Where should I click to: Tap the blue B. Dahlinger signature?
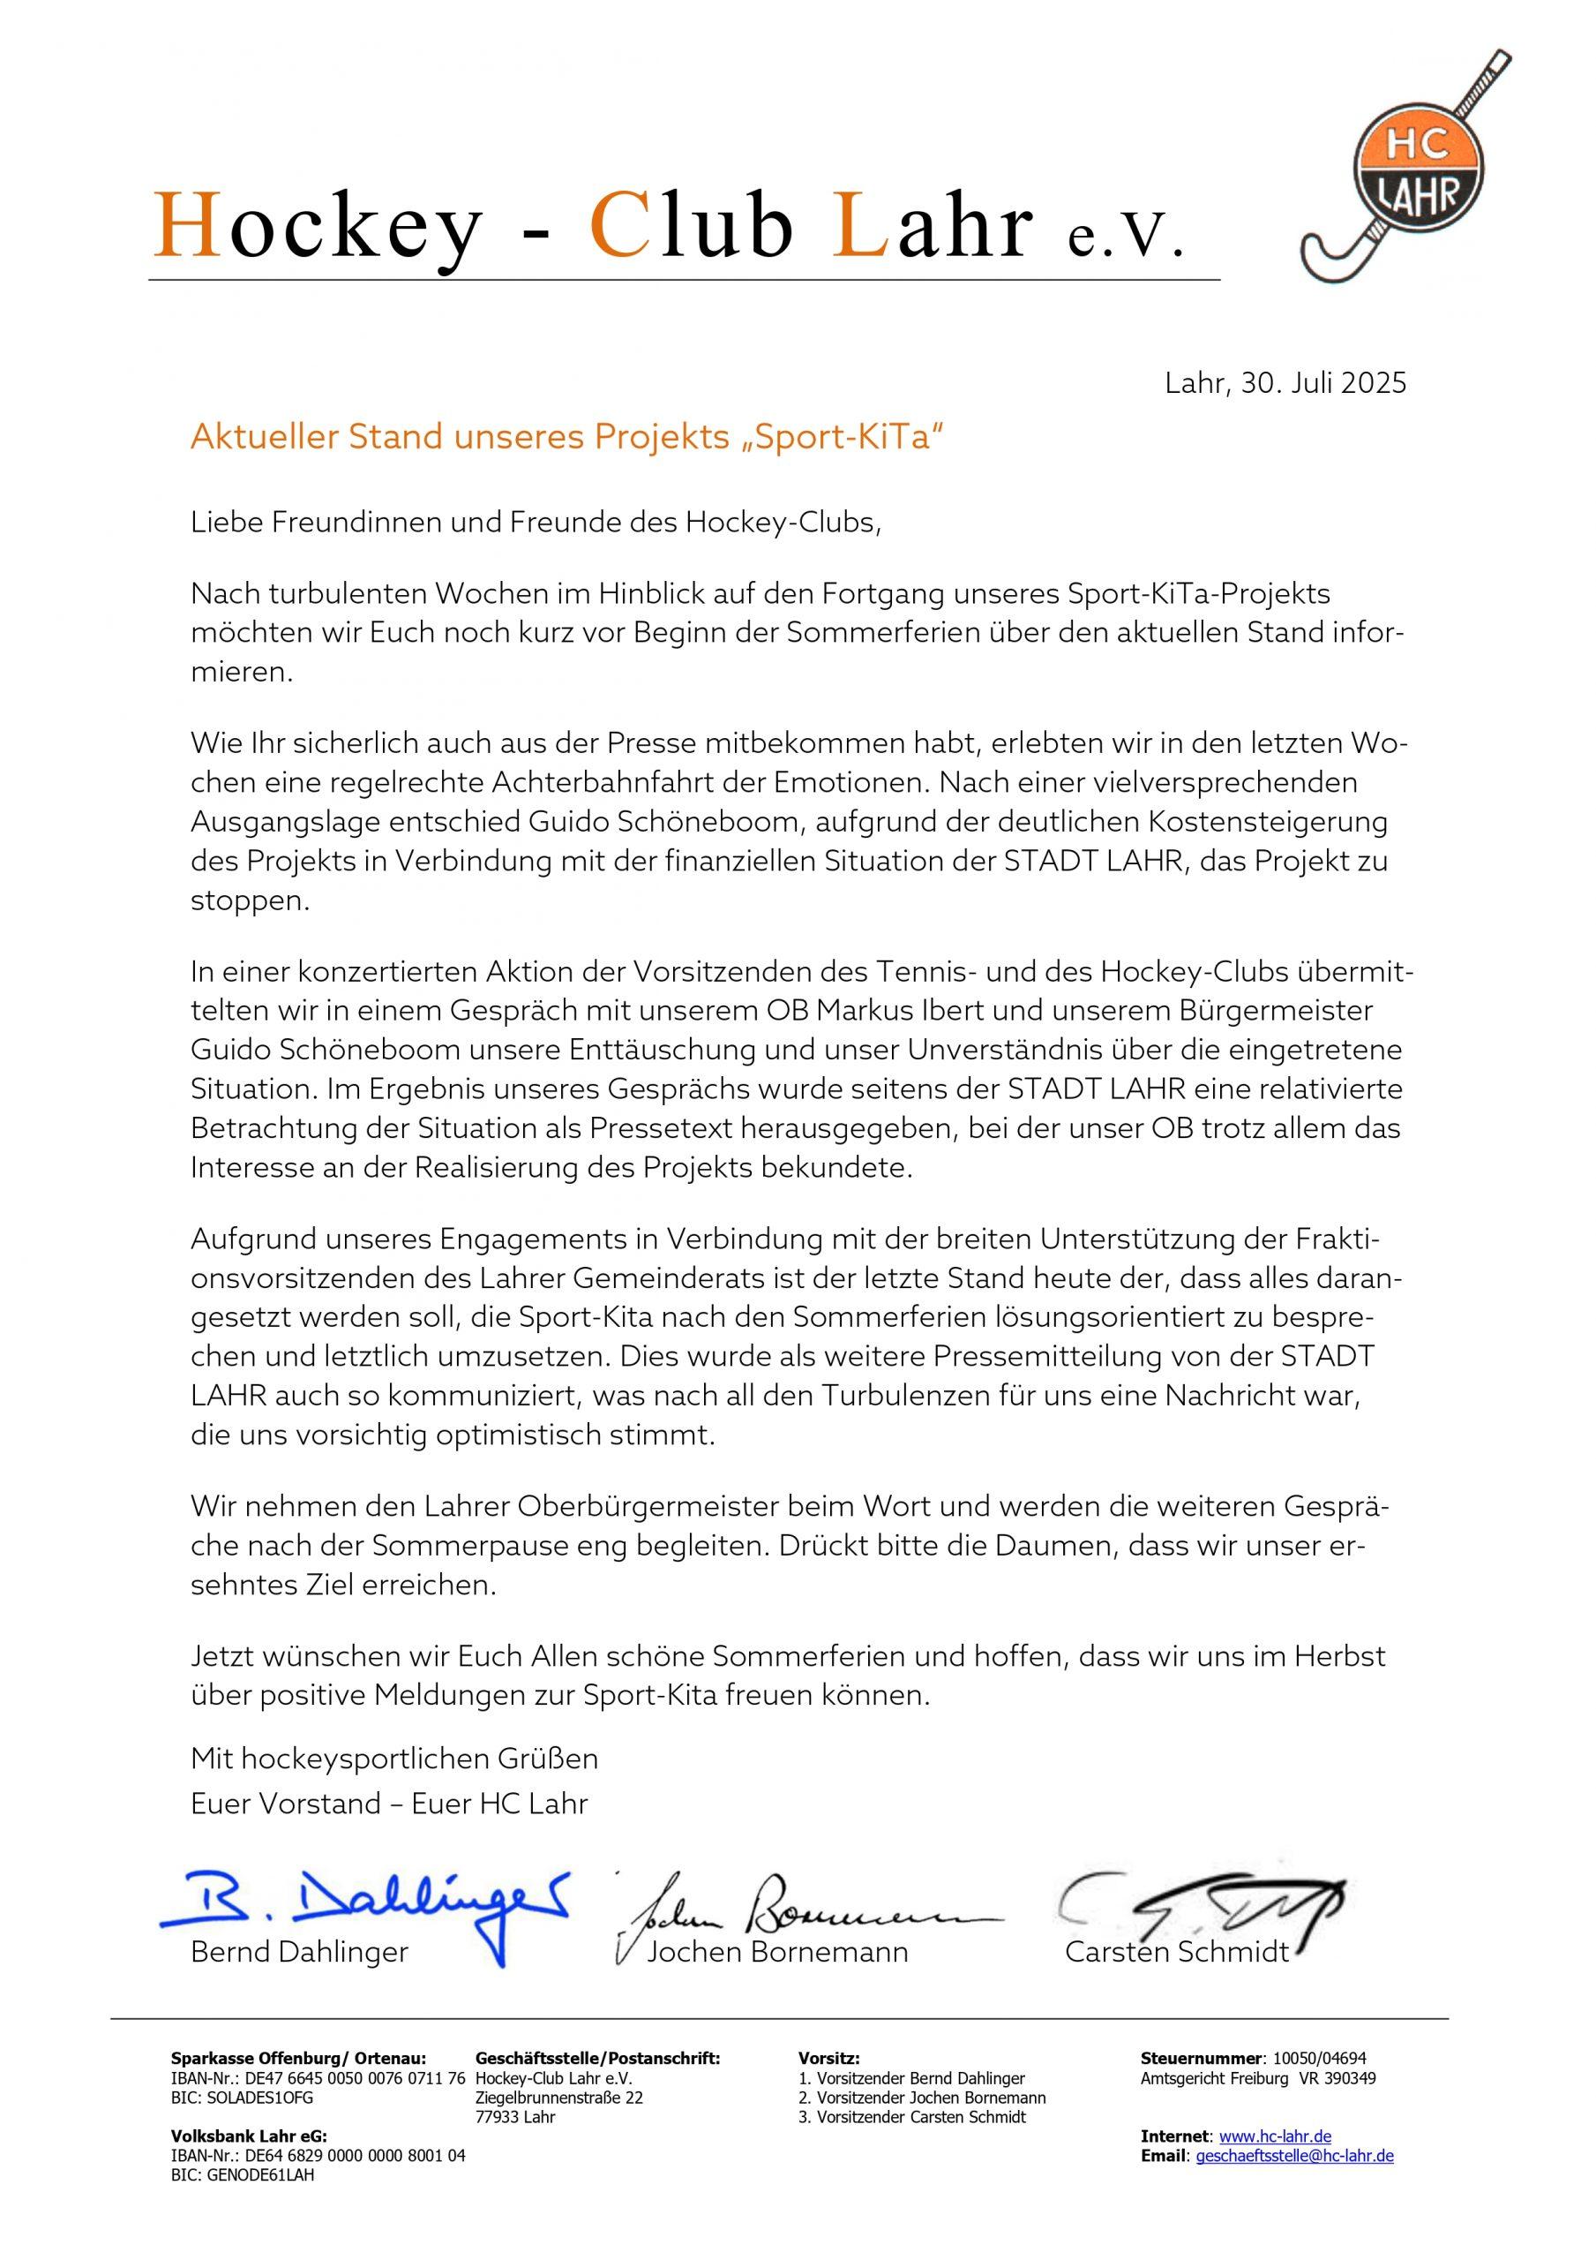point(364,1908)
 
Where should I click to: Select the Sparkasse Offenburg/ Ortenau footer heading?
point(298,2058)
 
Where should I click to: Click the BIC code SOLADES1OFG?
point(242,2097)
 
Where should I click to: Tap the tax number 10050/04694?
point(1320,2058)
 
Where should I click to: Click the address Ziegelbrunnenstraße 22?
point(558,2097)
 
